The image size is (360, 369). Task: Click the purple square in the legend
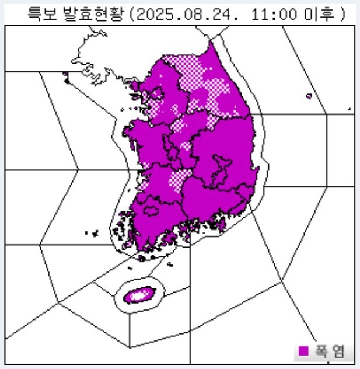pyautogui.click(x=303, y=351)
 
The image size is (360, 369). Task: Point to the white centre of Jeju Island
pyautogui.click(x=138, y=295)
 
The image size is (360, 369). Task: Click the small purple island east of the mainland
pyautogui.click(x=309, y=96)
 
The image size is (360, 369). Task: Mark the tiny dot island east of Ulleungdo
pyautogui.click(x=349, y=109)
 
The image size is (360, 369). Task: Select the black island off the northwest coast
pyautogui.click(x=67, y=81)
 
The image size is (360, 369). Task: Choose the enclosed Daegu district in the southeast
pyautogui.click(x=221, y=166)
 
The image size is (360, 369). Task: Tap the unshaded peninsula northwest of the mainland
pyautogui.click(x=96, y=58)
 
